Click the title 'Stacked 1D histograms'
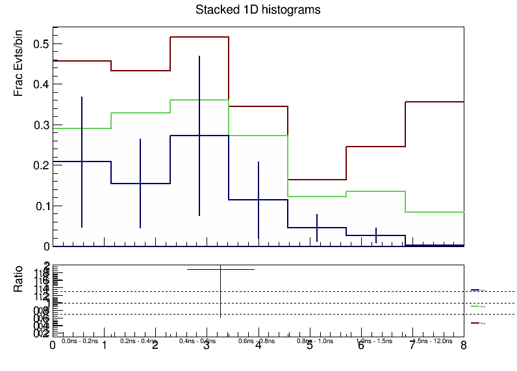(x=258, y=10)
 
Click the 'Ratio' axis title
(x=19, y=279)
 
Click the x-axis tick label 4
(x=258, y=346)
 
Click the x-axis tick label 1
(x=105, y=346)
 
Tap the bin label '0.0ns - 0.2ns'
(x=80, y=341)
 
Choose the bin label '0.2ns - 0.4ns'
(x=139, y=341)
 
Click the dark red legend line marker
(x=475, y=322)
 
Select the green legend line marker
(x=475, y=305)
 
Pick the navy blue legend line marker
(x=475, y=290)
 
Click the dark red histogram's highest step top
(x=199, y=37)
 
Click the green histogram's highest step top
(x=199, y=100)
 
